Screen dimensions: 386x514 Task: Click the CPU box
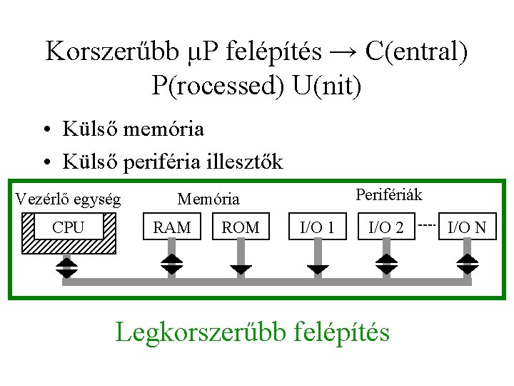[69, 228]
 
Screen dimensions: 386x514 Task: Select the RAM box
[172, 228]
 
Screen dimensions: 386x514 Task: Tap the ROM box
[241, 228]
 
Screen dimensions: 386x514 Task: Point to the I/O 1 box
[318, 228]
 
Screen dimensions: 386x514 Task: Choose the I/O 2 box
[385, 228]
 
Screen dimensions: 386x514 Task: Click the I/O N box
[467, 228]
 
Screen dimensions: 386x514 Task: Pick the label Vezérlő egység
[68, 198]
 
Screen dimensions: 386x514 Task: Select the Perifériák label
[388, 194]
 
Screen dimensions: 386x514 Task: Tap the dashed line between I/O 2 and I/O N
[427, 224]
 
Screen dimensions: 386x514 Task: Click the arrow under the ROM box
[241, 267]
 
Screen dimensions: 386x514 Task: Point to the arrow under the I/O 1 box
[318, 267]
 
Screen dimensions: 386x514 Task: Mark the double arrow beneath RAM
[172, 263]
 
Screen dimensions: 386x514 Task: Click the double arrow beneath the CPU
[67, 267]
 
